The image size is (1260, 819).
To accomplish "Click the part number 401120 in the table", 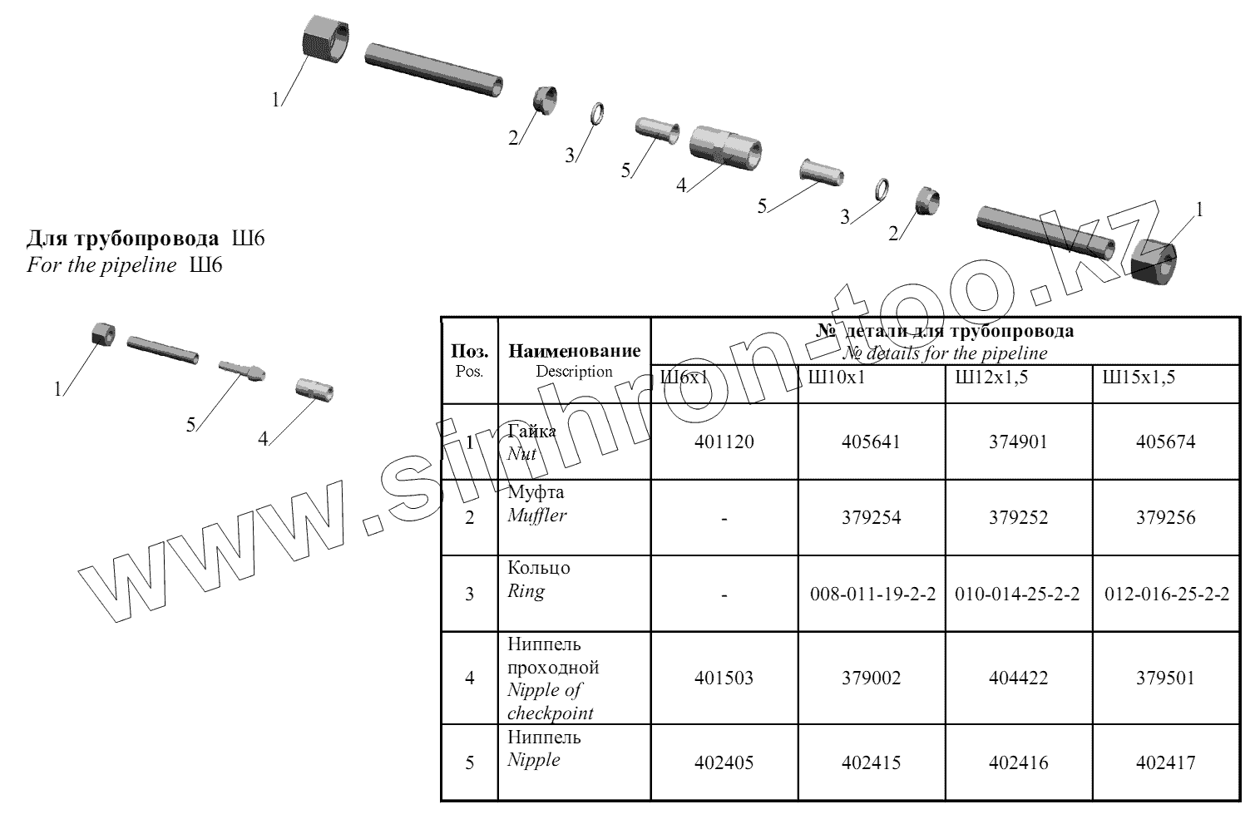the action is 724,442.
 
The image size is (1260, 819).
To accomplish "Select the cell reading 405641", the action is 871,442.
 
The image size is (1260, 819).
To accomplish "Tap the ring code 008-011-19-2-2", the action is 871,594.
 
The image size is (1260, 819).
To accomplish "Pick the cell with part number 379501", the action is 1165,678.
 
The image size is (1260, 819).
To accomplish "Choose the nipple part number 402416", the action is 1018,762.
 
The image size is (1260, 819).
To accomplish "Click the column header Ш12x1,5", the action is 991,377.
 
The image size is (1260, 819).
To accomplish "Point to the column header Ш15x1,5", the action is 1139,377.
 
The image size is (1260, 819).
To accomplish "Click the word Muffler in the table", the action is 536,515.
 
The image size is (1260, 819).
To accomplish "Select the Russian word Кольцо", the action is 539,568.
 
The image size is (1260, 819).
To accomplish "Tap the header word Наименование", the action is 574,351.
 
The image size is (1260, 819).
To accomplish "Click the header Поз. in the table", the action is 469,351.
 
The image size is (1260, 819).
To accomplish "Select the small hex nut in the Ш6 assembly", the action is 102,333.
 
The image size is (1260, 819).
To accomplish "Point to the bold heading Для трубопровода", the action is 123,239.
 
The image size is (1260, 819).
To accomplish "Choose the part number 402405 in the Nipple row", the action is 724,762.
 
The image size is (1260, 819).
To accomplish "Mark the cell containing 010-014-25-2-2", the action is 1018,594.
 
